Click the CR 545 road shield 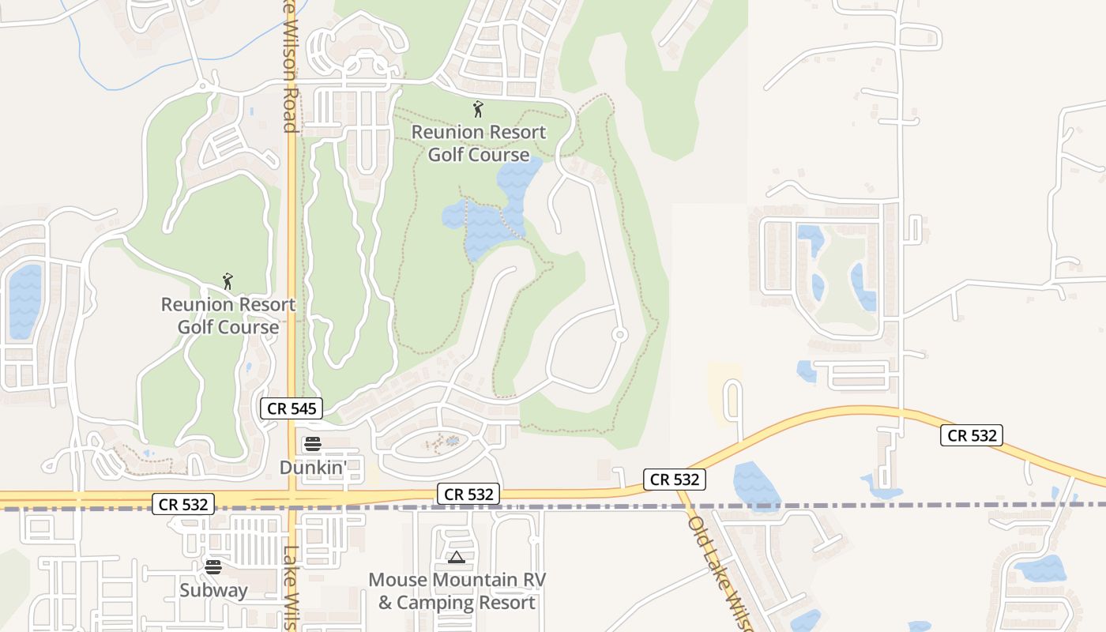[x=292, y=408]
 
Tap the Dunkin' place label [x=313, y=468]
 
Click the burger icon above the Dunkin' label [x=313, y=444]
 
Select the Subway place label [x=213, y=590]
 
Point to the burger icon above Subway [x=213, y=566]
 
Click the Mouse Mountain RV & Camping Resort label [x=457, y=592]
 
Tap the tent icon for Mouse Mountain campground [x=456, y=558]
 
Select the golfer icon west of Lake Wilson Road [x=228, y=280]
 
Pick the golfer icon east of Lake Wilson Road [x=477, y=108]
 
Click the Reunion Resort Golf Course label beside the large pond [x=479, y=143]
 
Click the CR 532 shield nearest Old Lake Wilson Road [x=674, y=479]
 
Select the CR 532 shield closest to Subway [x=183, y=504]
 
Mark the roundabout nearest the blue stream [x=203, y=85]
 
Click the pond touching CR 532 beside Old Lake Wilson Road [x=755, y=483]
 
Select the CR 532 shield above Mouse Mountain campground [x=469, y=495]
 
